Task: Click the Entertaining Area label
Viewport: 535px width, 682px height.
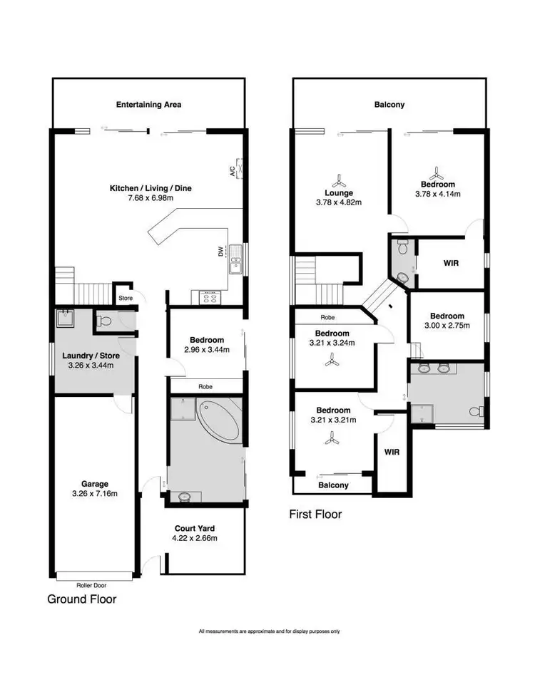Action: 148,105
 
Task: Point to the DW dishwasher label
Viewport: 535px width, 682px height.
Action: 220,251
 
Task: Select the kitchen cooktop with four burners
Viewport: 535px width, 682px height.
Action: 210,296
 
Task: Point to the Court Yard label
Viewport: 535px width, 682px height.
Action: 195,528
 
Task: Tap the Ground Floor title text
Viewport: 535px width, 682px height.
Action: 81,599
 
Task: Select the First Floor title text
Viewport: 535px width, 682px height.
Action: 315,514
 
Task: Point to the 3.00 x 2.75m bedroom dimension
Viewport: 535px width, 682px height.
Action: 447,326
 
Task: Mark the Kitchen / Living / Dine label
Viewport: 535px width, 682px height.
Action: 150,188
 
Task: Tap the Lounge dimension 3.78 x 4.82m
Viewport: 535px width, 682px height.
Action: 339,202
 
